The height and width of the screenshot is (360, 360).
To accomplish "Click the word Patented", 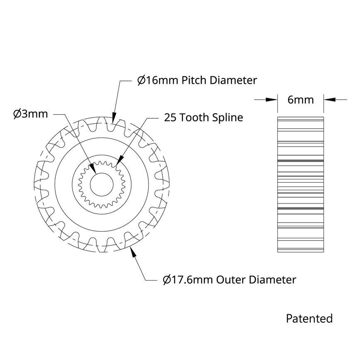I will [309, 318].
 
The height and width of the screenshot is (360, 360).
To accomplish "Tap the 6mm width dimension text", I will [300, 100].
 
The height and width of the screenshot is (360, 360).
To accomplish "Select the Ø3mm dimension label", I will [31, 114].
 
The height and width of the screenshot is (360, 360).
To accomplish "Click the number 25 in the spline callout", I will [171, 118].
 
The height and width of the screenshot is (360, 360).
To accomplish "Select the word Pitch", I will [195, 80].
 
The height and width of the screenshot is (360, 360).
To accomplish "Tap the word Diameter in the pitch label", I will [233, 80].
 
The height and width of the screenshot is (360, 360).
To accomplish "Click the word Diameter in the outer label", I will [272, 280].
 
